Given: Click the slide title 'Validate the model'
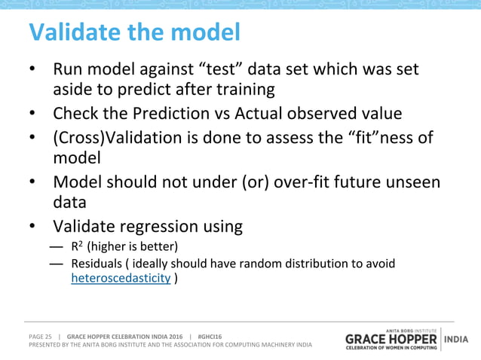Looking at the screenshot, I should click(x=134, y=32).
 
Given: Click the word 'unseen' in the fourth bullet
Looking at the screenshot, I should click(x=414, y=182).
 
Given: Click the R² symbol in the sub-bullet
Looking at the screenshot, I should click(x=76, y=246).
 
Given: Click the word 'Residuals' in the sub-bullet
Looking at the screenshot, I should click(x=96, y=264).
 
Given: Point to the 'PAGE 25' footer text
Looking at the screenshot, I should click(x=40, y=336).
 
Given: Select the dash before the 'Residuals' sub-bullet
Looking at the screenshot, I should click(x=56, y=264).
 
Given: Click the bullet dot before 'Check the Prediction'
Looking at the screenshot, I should click(x=33, y=114).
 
